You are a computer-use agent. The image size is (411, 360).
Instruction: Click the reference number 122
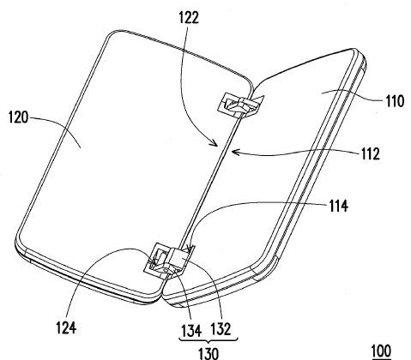[x=189, y=18]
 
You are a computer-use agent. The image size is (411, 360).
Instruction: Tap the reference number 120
[x=19, y=117]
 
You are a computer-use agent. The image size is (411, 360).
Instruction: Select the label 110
[x=395, y=101]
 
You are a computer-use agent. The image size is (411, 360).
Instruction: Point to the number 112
[x=370, y=153]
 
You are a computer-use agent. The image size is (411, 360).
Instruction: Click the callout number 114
[x=339, y=206]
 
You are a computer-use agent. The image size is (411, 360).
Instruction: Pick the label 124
[x=66, y=327]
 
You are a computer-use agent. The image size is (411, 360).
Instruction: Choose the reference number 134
[x=191, y=330]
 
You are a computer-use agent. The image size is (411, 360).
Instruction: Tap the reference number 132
[x=221, y=329]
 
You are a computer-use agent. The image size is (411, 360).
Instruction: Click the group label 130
[x=209, y=353]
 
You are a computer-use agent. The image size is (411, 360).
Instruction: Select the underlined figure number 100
[x=381, y=351]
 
